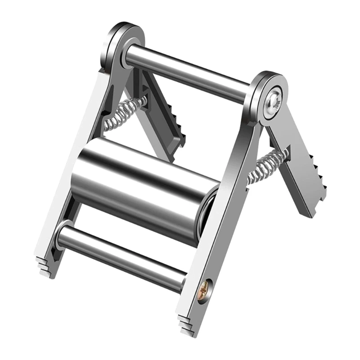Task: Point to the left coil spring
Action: click(125, 113)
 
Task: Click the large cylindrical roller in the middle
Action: click(144, 189)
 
